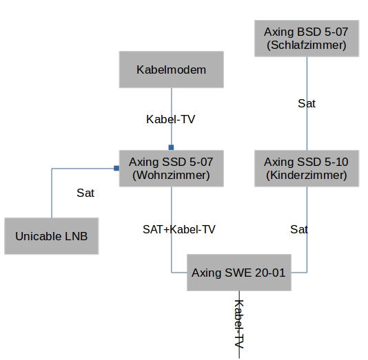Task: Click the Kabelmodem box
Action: (x=172, y=70)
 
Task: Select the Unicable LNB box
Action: (x=52, y=236)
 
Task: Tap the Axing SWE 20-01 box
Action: (x=239, y=273)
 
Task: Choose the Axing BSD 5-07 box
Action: (x=307, y=39)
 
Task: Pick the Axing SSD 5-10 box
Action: (x=307, y=169)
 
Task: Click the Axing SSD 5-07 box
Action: (x=172, y=169)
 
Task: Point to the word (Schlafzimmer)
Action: (x=307, y=45)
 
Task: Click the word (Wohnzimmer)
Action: (x=171, y=176)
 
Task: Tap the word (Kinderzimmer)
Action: (x=307, y=176)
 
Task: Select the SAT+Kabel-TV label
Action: (x=179, y=229)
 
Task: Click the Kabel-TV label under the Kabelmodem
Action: (x=171, y=119)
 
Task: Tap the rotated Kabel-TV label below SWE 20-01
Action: (x=239, y=324)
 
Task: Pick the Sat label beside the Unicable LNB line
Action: (x=85, y=193)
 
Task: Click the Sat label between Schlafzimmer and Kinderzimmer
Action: (x=307, y=103)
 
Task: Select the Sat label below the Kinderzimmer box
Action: (x=299, y=229)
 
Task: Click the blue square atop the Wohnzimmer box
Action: (x=172, y=147)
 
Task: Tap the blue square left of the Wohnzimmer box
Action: (x=116, y=168)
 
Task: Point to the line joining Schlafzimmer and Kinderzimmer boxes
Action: (x=307, y=103)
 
